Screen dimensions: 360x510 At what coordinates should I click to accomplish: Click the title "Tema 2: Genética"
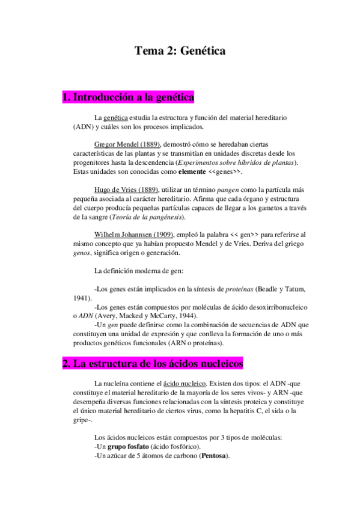point(180,51)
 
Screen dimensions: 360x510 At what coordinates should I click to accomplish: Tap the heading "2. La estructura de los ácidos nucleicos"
point(153,364)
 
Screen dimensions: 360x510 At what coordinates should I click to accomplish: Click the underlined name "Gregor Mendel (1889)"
point(127,145)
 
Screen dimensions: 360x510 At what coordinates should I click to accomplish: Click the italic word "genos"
point(83,253)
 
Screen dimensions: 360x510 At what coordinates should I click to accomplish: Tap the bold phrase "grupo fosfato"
point(126,446)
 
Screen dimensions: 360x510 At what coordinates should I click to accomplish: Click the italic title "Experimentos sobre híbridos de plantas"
point(238,163)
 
